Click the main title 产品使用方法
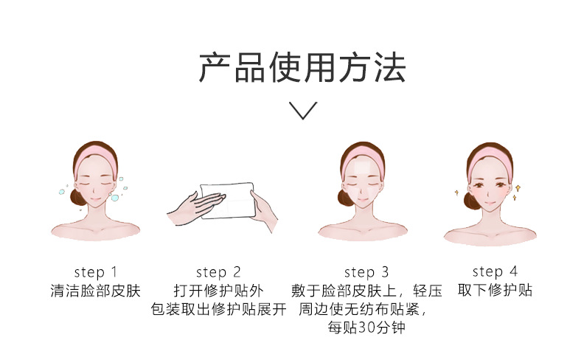click(302, 68)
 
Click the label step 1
click(96, 272)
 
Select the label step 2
click(218, 272)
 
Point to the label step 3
click(366, 272)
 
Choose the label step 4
click(495, 271)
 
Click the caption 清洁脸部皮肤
click(95, 291)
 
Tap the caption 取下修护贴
click(495, 290)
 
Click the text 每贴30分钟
click(366, 328)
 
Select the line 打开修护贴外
click(218, 291)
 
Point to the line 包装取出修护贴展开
click(218, 309)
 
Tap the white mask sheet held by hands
click(228, 201)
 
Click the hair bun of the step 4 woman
click(471, 201)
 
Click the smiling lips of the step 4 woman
click(490, 204)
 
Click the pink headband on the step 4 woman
click(490, 159)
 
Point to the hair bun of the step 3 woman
click(345, 198)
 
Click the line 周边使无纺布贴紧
click(362, 309)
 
